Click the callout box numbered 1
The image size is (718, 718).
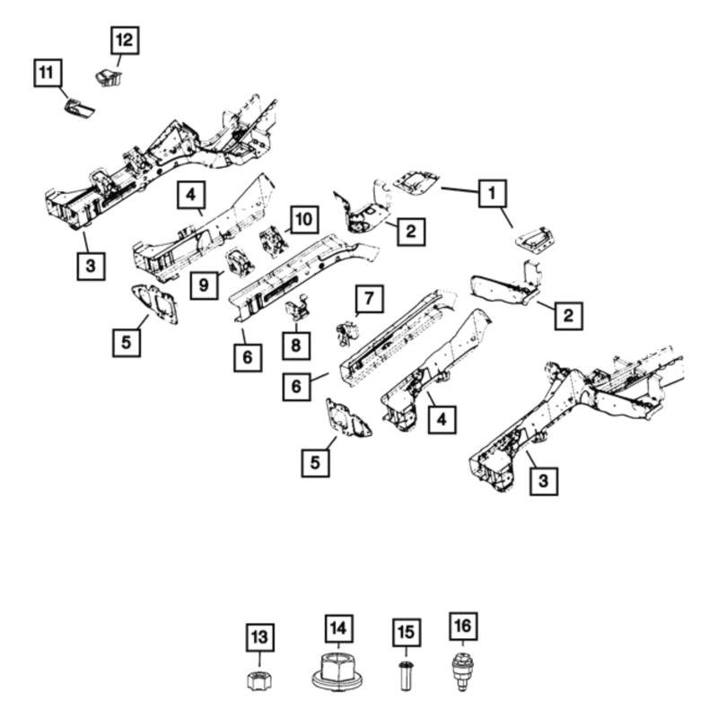tap(491, 192)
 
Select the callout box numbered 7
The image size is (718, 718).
tap(368, 297)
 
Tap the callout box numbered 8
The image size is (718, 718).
tap(295, 345)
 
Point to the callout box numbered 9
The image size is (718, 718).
tap(206, 285)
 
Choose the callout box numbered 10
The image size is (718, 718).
tap(303, 218)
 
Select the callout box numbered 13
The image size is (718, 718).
tap(259, 638)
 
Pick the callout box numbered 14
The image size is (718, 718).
tap(340, 627)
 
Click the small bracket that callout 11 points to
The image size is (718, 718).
tap(79, 108)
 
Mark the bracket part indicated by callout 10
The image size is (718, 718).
tap(271, 242)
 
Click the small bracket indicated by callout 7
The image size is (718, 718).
tap(345, 333)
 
